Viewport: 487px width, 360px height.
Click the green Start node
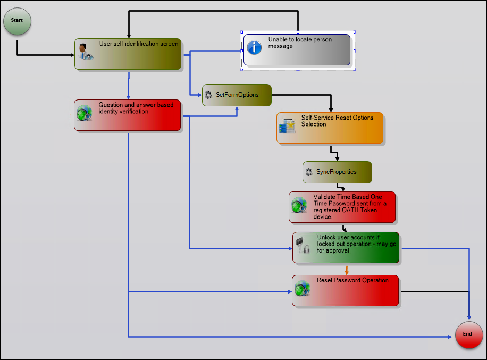pos(17,21)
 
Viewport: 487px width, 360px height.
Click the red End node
pos(469,335)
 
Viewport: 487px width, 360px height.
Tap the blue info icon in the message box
pos(255,47)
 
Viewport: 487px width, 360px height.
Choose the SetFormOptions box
pos(237,95)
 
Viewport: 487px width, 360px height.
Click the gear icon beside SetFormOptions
pos(208,95)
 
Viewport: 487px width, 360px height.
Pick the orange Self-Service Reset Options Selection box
pos(330,128)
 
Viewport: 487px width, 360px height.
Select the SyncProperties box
pos(337,172)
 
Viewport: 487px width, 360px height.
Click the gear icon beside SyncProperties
pos(309,172)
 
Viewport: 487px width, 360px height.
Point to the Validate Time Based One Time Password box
pos(342,207)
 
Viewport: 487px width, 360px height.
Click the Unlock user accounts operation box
pos(346,247)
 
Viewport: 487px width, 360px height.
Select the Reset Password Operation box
pos(345,290)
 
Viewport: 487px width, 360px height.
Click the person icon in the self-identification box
pos(84,52)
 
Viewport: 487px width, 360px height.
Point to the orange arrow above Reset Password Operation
pos(347,270)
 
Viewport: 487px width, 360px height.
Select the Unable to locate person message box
pos(297,50)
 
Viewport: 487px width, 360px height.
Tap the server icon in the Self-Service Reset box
pos(287,126)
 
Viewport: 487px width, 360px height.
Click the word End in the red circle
pos(467,334)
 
